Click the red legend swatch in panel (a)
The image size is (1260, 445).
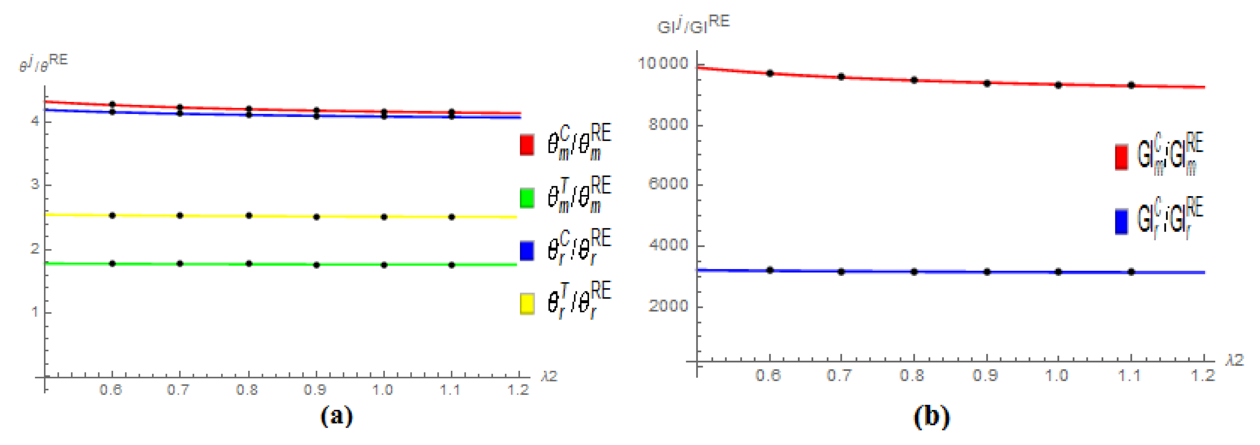click(x=527, y=145)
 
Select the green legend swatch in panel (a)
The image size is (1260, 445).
click(x=527, y=198)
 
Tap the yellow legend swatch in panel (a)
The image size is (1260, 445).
click(x=527, y=304)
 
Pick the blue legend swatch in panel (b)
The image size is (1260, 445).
click(x=1121, y=222)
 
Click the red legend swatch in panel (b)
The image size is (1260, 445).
click(x=1121, y=157)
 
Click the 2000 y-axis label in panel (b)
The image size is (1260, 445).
click(x=668, y=306)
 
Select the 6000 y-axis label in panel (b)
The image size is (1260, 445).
click(x=668, y=184)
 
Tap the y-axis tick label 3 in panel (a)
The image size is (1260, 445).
click(x=35, y=185)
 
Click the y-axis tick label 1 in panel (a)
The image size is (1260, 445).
click(x=35, y=312)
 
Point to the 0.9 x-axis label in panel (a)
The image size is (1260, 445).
click(x=315, y=390)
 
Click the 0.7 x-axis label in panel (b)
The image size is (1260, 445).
click(x=840, y=376)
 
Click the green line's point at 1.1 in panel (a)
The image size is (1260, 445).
click(x=452, y=265)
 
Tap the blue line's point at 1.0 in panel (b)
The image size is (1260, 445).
click(x=1058, y=272)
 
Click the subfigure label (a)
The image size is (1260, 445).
click(x=336, y=416)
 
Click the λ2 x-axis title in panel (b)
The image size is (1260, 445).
click(x=1235, y=360)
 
